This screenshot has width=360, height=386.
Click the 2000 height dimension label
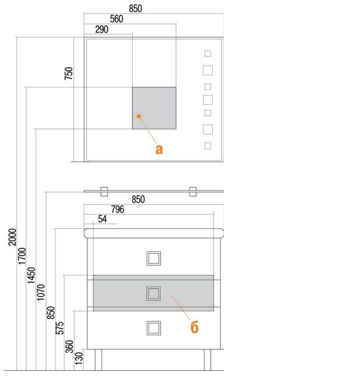click(x=12, y=237)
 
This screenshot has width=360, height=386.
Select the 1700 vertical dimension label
click(x=22, y=256)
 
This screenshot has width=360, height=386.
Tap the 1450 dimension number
click(x=31, y=275)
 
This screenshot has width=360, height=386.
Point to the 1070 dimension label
click(x=41, y=292)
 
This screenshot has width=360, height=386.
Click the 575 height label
click(x=60, y=328)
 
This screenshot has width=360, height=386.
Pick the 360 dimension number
click(x=70, y=346)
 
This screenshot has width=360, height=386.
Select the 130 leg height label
click(x=79, y=358)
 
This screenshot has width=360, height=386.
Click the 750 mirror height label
click(x=69, y=73)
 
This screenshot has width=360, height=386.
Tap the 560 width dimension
click(x=117, y=19)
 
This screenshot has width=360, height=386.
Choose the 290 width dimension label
click(x=102, y=29)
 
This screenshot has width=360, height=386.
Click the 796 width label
click(x=117, y=209)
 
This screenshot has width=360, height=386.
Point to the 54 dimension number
click(x=103, y=219)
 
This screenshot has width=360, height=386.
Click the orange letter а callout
click(x=159, y=149)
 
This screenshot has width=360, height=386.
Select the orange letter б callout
click(x=194, y=327)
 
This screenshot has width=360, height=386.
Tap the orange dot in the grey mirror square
click(x=139, y=116)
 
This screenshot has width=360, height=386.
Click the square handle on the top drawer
click(x=153, y=259)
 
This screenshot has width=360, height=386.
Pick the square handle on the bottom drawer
click(x=153, y=328)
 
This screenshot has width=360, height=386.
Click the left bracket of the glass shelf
click(x=105, y=191)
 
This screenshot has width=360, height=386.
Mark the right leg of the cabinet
click(x=208, y=360)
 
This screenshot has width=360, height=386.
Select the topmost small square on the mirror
click(x=208, y=53)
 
